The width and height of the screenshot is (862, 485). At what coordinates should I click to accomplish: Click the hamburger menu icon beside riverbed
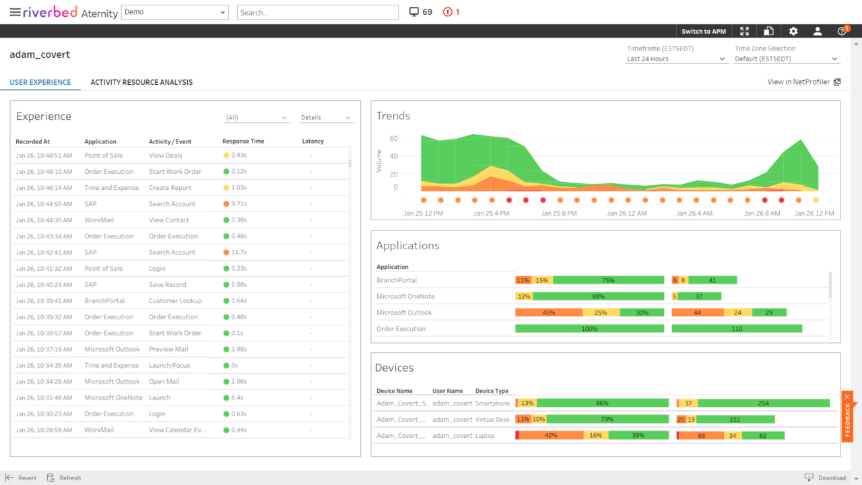click(x=14, y=12)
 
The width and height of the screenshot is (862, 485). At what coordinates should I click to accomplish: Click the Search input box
click(x=317, y=12)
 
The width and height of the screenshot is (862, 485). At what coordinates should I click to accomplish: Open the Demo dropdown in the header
click(x=174, y=12)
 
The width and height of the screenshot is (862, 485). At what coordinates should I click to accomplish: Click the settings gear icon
click(x=793, y=31)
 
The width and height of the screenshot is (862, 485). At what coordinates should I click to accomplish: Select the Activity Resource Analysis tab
click(x=141, y=82)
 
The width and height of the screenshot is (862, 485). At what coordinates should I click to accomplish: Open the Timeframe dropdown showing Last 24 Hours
click(x=676, y=59)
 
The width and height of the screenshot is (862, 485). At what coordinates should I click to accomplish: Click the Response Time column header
click(x=243, y=141)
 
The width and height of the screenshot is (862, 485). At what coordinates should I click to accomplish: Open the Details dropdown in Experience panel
click(x=326, y=117)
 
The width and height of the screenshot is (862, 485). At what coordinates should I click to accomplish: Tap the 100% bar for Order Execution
click(x=589, y=329)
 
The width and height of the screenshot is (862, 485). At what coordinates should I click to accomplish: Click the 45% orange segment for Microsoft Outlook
click(x=548, y=313)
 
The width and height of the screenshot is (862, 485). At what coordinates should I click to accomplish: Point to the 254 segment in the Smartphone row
click(x=763, y=403)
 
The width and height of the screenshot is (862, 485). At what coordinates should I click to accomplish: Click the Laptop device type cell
click(x=485, y=436)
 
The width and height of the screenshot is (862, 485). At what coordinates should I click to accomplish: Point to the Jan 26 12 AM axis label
click(x=626, y=213)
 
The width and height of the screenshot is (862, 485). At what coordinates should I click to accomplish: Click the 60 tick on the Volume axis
click(x=393, y=139)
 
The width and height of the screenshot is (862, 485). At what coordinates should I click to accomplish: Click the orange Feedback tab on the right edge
click(x=848, y=416)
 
